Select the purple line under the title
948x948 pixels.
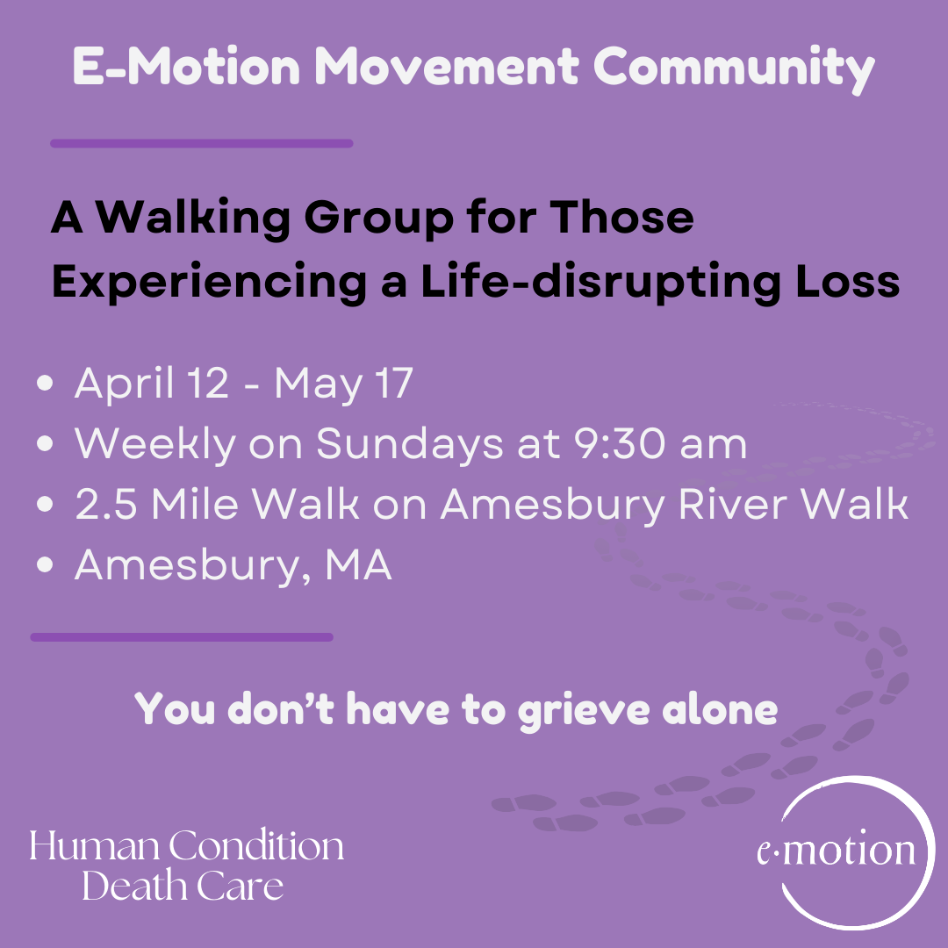click(x=201, y=143)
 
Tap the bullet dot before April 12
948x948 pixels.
click(x=46, y=386)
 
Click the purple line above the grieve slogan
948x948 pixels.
click(x=182, y=637)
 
